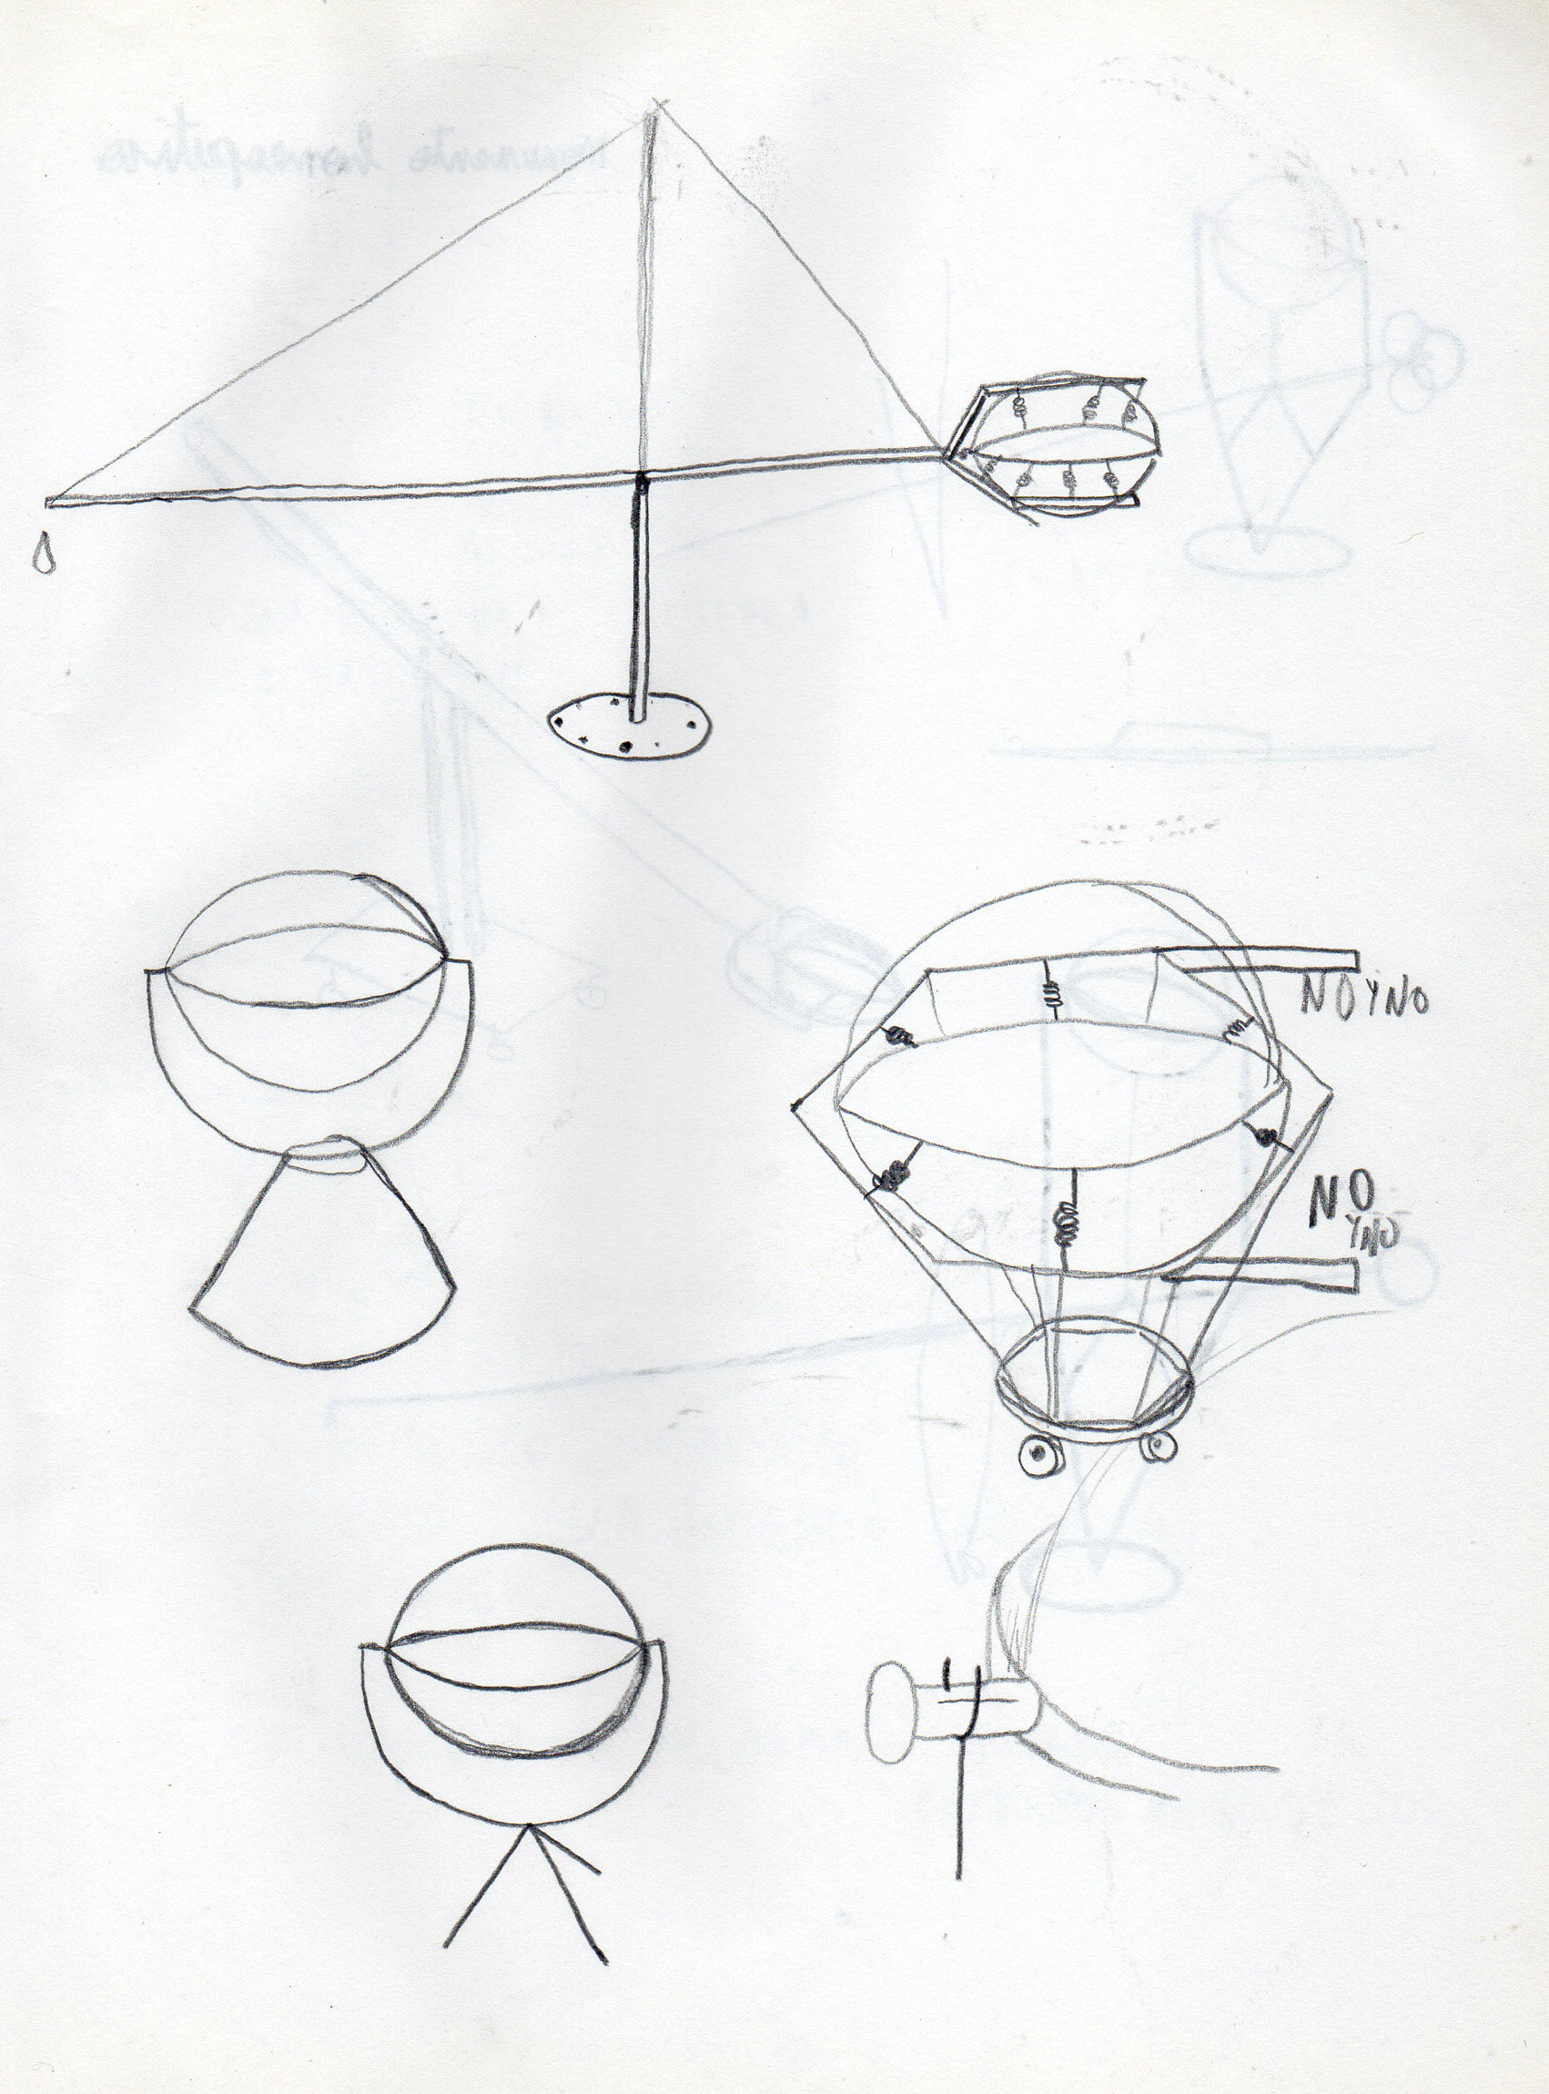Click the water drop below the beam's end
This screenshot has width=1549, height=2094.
[x=42, y=556]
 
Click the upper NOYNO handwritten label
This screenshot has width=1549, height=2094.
[x=1364, y=1001]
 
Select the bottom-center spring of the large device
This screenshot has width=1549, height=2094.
[x=1066, y=1220]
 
